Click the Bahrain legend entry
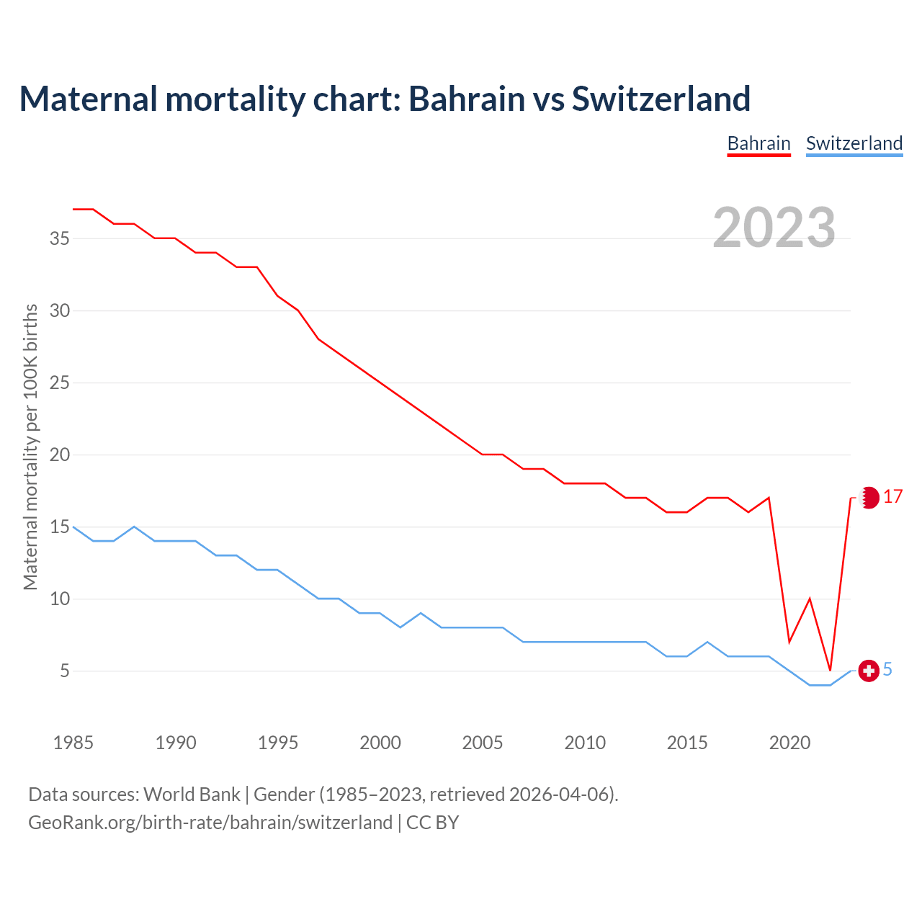pyautogui.click(x=758, y=143)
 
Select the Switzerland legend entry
pyautogui.click(x=854, y=143)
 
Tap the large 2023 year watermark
pyautogui.click(x=774, y=228)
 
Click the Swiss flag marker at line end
pyautogui.click(x=869, y=671)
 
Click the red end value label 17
pyautogui.click(x=892, y=497)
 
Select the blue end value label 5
pyautogui.click(x=887, y=670)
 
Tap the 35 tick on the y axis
pyautogui.click(x=60, y=238)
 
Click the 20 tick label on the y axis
pyautogui.click(x=60, y=455)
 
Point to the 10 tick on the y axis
pyautogui.click(x=60, y=599)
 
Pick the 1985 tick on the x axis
pyautogui.click(x=73, y=743)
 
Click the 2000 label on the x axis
pyautogui.click(x=380, y=743)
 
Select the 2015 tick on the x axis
pyautogui.click(x=687, y=743)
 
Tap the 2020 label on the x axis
pyautogui.click(x=789, y=743)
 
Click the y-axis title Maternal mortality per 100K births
pyautogui.click(x=30, y=447)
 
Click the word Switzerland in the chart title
pyautogui.click(x=661, y=99)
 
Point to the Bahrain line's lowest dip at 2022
pyautogui.click(x=831, y=669)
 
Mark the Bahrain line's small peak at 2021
pyautogui.click(x=810, y=599)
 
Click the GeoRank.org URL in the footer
pyautogui.click(x=210, y=823)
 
